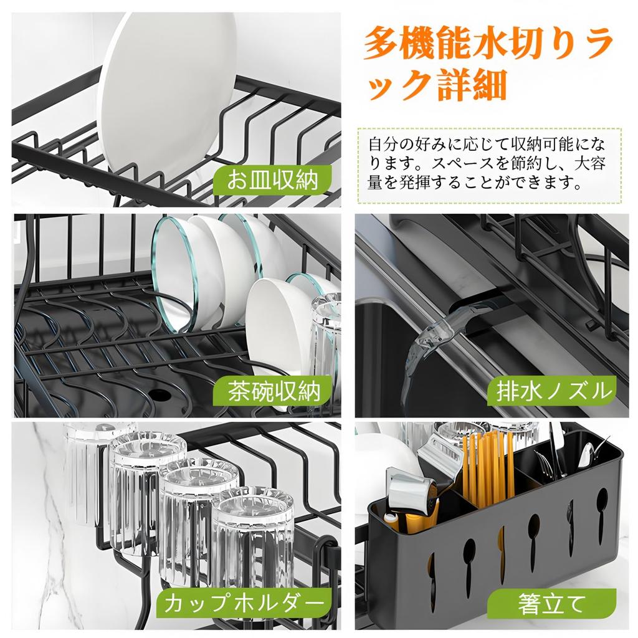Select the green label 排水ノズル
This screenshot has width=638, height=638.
pos(551,391)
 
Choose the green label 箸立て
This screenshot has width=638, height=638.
pos(551,602)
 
